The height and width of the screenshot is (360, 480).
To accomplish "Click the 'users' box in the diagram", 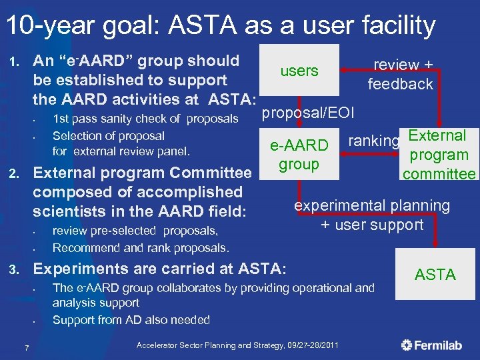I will [x=299, y=71].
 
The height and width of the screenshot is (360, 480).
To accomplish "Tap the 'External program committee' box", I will [x=438, y=155].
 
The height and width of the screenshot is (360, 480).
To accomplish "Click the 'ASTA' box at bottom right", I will [x=435, y=274].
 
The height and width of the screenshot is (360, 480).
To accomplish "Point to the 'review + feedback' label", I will [x=401, y=75].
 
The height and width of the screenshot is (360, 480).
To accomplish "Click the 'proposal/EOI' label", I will [x=308, y=113].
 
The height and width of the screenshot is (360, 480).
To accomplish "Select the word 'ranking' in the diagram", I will [x=373, y=141].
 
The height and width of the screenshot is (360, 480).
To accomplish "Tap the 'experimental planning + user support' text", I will [x=372, y=215].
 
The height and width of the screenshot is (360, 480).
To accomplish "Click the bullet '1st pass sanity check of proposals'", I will [x=145, y=119].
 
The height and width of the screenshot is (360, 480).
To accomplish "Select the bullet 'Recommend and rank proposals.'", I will [x=141, y=248].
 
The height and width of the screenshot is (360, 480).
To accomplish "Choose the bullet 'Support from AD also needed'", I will [x=131, y=320].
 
